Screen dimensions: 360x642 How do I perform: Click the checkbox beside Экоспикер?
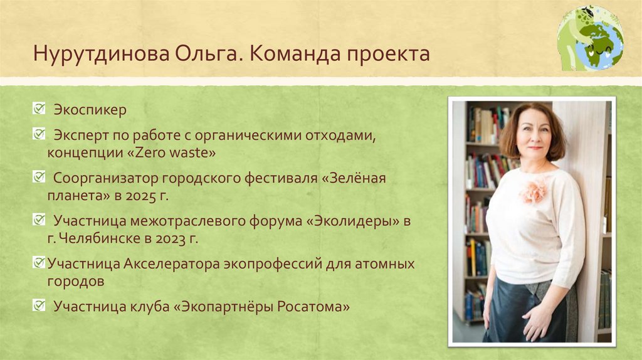[39, 110]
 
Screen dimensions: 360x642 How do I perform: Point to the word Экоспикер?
[90, 110]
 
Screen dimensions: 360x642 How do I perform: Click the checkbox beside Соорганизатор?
[39, 177]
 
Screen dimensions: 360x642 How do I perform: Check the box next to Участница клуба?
[39, 306]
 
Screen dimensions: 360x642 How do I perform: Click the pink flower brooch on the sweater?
[534, 189]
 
